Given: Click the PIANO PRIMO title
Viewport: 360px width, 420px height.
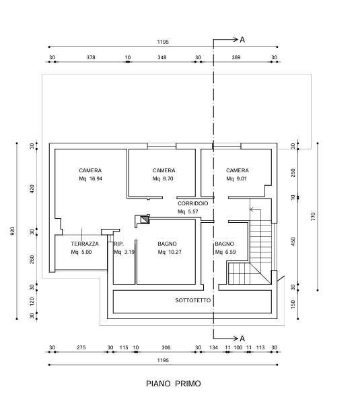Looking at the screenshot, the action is (x=174, y=384).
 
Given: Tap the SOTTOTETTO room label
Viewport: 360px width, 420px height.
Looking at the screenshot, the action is (x=193, y=300).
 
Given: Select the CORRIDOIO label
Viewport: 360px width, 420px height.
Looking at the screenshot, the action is (x=193, y=203).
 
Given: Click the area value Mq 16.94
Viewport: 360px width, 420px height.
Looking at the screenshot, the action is (x=91, y=178).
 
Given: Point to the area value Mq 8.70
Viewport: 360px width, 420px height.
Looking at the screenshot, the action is (x=163, y=178).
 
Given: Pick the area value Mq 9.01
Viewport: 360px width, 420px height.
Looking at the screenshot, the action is (x=236, y=178).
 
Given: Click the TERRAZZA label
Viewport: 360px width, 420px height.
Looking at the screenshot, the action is (x=85, y=244).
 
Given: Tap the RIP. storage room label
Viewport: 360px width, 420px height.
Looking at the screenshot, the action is (x=119, y=244).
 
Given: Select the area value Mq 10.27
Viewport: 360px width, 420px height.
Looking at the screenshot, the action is (x=170, y=252).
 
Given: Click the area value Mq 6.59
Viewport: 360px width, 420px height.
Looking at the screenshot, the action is (x=225, y=252).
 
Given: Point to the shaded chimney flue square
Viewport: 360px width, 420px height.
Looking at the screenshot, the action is (x=145, y=219).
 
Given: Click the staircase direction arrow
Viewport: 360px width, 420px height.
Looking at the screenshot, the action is (x=255, y=209).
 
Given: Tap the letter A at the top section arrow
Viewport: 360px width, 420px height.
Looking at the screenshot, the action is (x=242, y=40).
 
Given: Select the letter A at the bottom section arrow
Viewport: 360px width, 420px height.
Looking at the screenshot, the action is (x=242, y=339).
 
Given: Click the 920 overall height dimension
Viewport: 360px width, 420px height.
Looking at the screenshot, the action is (x=12, y=231).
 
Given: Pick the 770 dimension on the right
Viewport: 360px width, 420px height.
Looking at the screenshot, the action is (x=313, y=217).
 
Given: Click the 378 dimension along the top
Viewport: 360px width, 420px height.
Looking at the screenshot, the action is (x=91, y=57).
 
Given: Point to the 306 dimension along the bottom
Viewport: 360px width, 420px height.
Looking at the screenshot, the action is (x=166, y=347).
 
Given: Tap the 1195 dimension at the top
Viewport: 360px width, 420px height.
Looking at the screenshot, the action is (x=163, y=42).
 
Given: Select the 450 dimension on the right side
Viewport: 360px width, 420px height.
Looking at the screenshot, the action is (x=293, y=242).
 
